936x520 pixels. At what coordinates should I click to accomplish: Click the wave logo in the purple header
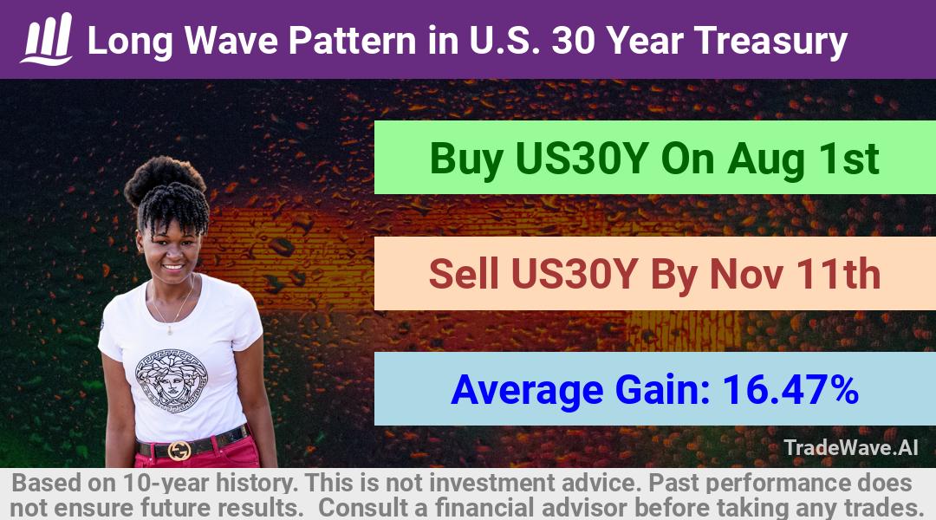click(47, 39)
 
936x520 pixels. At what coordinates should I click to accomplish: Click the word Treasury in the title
click(770, 41)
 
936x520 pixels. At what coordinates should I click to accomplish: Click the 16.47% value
click(790, 389)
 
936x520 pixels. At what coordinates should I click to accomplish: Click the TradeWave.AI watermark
click(851, 447)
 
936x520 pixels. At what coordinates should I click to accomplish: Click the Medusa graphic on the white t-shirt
click(172, 380)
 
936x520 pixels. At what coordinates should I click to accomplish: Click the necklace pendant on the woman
click(170, 329)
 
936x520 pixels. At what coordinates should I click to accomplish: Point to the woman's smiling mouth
click(173, 266)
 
